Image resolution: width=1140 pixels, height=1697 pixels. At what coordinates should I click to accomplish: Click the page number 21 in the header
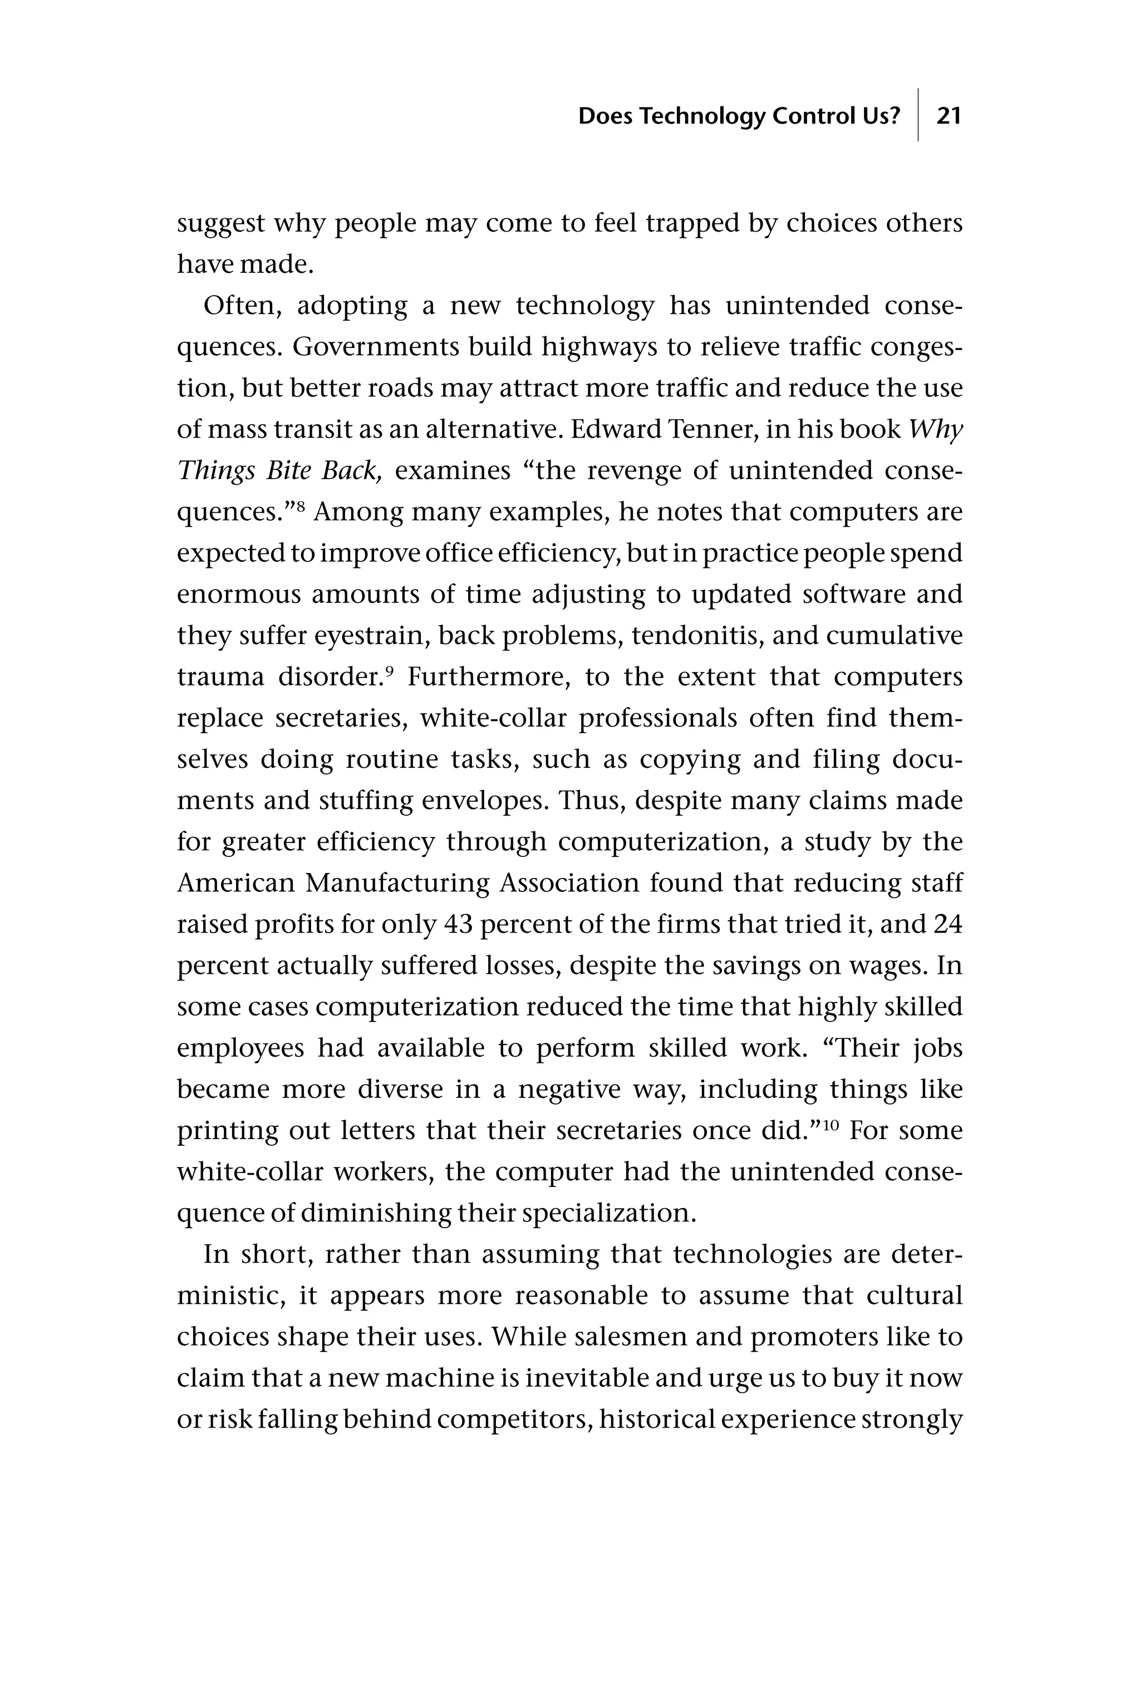coord(949,116)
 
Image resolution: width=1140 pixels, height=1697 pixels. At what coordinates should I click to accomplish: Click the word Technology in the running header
coord(703,116)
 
